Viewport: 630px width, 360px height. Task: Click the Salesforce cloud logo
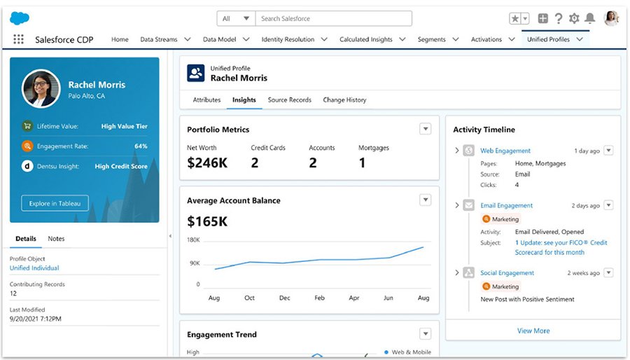click(20, 18)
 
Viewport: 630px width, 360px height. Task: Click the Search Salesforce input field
click(332, 18)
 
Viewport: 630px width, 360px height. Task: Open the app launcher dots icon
click(18, 40)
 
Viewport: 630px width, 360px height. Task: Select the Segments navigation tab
click(431, 40)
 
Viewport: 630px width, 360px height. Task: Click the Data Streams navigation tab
click(159, 40)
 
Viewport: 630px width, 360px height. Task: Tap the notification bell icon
click(589, 18)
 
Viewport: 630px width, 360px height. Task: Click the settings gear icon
click(574, 18)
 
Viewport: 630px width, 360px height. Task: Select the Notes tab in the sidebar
click(56, 239)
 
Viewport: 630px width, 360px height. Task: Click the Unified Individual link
click(34, 268)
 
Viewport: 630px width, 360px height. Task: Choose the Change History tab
click(344, 100)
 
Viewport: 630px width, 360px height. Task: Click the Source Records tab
click(289, 100)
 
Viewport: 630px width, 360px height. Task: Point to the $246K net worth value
click(207, 163)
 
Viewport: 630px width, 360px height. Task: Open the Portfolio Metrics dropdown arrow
click(425, 129)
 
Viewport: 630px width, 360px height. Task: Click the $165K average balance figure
click(207, 222)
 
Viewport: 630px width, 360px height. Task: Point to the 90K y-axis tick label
click(193, 263)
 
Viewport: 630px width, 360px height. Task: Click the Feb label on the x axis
click(319, 298)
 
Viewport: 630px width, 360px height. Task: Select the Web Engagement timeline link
click(505, 151)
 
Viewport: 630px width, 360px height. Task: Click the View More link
click(533, 331)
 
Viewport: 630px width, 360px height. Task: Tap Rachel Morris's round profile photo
click(41, 88)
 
